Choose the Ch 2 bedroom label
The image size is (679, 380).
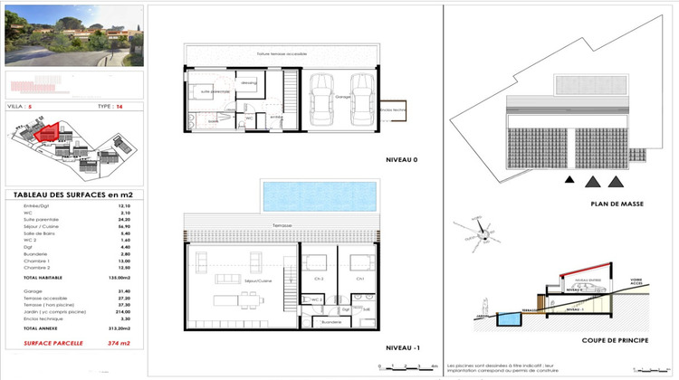tap(318, 280)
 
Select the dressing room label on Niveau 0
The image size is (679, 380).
tap(249, 83)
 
